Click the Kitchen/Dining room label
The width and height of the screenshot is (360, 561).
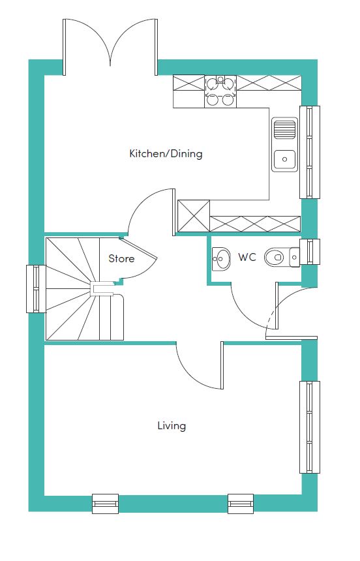[166, 154]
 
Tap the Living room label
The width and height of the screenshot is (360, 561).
[172, 426]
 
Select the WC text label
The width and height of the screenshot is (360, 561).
[247, 257]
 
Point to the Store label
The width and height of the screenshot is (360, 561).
[121, 258]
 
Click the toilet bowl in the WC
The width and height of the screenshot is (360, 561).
[274, 257]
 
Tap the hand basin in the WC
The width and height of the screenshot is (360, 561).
[221, 258]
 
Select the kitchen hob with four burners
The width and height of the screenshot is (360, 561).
[220, 91]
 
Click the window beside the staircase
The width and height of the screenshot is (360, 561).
[36, 288]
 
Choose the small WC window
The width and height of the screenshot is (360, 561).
[310, 252]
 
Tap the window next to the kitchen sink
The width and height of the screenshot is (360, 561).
[310, 152]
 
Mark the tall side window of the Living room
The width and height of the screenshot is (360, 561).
[310, 427]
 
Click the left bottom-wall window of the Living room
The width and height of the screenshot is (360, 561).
[105, 504]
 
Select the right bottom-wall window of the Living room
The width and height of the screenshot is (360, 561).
[241, 504]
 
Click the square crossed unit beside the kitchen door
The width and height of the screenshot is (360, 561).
[194, 216]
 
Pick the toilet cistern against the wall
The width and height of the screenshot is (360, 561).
[295, 257]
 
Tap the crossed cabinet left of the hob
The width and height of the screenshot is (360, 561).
[188, 83]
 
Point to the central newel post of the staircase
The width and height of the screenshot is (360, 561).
[97, 289]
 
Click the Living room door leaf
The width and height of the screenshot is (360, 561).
[222, 365]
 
